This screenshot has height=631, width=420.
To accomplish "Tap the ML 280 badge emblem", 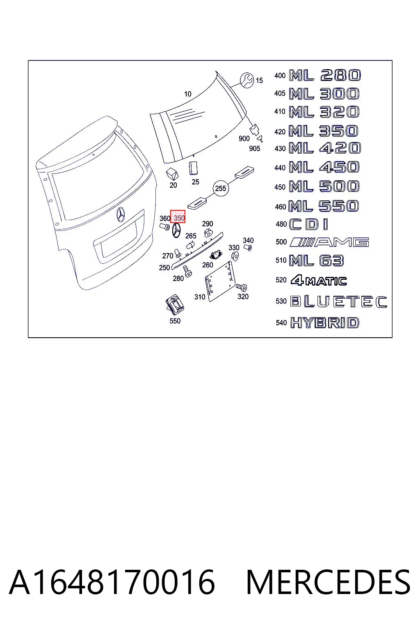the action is pos(325,75).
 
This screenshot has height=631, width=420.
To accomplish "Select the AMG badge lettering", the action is pos(329,242).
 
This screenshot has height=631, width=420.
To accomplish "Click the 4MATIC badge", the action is pos(318,280).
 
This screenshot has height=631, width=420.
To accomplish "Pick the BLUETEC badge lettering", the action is pos(339,302).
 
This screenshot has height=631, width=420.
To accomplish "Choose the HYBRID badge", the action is pos(325,322).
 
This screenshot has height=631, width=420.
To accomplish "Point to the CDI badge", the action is pos(308,225).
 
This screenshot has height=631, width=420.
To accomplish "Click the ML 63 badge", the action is pos(317,260).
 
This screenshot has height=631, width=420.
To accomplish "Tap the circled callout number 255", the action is pos(221,188).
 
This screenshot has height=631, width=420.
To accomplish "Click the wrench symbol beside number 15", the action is pos(247,80).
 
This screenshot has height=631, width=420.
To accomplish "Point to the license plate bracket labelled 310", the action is pos(220,281).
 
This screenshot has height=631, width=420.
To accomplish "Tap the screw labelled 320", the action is pos(241,287).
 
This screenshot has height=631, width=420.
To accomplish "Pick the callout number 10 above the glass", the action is pos(187,94).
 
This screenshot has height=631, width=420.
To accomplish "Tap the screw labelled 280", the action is pos(187,271).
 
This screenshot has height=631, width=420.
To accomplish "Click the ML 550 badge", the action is pos(324,206).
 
